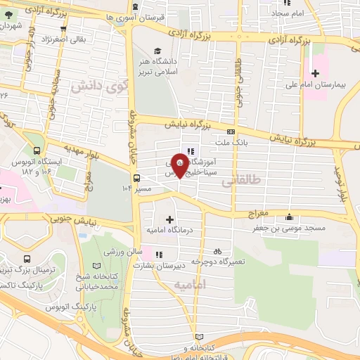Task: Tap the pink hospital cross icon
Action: (x=314, y=72)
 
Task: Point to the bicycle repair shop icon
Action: (x=217, y=251)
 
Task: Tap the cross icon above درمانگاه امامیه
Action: (x=169, y=219)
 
